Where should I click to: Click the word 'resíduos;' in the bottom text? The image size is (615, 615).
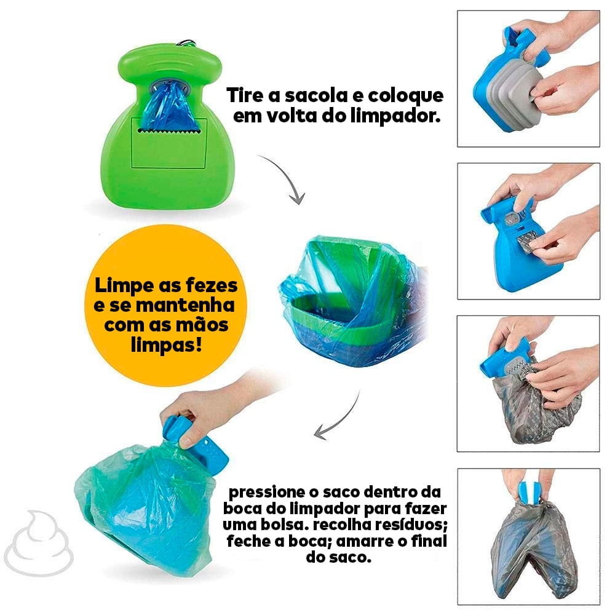click(x=411, y=526)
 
